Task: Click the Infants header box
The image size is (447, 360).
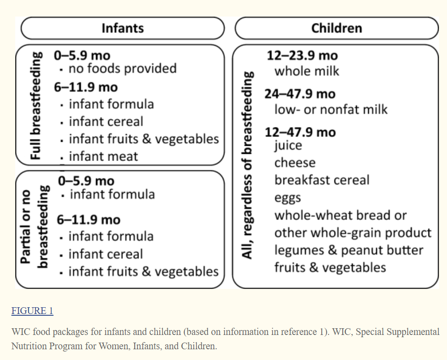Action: click(x=123, y=28)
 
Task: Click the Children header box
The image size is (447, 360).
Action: click(x=336, y=28)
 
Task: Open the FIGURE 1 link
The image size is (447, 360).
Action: click(x=32, y=311)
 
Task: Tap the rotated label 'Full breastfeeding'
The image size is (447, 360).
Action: click(x=36, y=106)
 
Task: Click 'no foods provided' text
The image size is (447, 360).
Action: click(x=122, y=68)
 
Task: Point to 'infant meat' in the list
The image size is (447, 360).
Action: click(x=103, y=156)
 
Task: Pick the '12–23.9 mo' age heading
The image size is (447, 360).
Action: click(x=302, y=55)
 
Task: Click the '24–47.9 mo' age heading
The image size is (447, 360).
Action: click(x=300, y=94)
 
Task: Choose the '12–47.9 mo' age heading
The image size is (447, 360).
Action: click(x=300, y=132)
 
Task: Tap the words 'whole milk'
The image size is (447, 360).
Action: click(x=307, y=71)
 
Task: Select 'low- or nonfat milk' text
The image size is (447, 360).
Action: click(x=331, y=110)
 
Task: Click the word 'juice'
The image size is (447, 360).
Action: click(x=288, y=145)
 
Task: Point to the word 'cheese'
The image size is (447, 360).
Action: click(x=295, y=162)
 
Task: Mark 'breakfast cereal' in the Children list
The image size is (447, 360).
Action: click(x=322, y=180)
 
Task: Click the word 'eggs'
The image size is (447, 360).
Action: click(x=287, y=198)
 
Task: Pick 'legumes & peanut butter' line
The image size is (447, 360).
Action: click(x=349, y=250)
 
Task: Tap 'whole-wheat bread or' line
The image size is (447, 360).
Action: click(x=340, y=215)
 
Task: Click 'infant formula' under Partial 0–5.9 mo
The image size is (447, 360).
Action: click(x=112, y=194)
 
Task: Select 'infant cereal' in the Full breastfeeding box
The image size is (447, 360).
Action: click(x=106, y=122)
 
